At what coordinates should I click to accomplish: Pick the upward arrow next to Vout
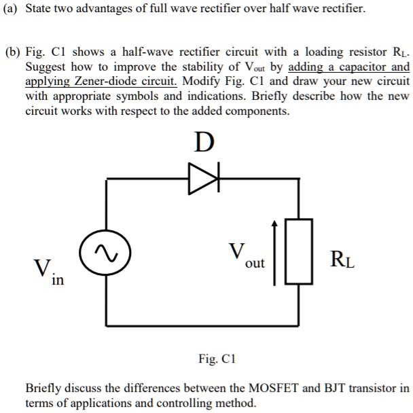275,251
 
